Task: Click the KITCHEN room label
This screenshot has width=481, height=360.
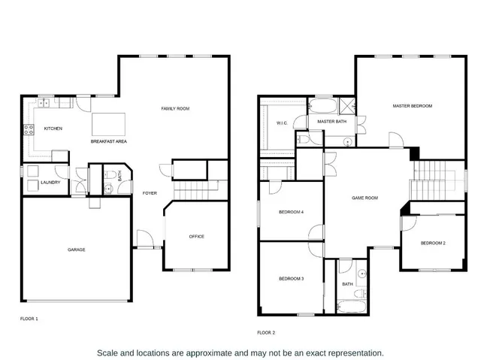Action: point(53,129)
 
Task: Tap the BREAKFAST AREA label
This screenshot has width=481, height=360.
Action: point(107,141)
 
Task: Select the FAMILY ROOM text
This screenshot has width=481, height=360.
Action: point(175,109)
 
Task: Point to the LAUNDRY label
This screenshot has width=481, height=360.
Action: point(50,182)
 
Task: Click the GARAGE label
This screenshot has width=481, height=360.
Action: point(76,250)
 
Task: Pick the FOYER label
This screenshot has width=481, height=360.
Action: point(150,193)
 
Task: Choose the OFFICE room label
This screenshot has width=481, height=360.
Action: point(196,237)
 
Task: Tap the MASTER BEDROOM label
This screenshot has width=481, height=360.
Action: point(413,106)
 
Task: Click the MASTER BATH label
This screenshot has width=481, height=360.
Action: point(331,121)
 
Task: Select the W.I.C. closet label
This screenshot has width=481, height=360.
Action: point(282,123)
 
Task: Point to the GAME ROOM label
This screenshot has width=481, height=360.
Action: point(365,198)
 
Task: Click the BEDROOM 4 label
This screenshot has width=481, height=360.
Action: point(291,212)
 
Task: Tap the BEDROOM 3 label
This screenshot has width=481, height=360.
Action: point(291,279)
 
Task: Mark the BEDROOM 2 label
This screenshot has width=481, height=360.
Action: point(433,243)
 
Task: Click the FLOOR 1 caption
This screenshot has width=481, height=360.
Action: point(29,319)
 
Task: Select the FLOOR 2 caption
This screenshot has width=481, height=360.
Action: point(266,332)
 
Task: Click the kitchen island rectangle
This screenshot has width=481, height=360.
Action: point(109,123)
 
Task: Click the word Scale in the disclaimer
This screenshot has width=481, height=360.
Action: point(110,352)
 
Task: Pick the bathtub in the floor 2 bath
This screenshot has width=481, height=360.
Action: point(351,307)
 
